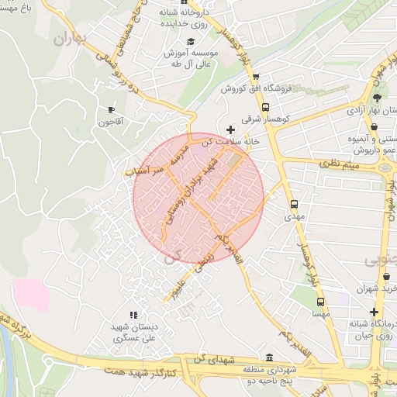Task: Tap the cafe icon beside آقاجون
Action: (x=111, y=109)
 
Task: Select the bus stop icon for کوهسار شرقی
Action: (x=266, y=108)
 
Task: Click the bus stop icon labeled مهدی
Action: (x=294, y=205)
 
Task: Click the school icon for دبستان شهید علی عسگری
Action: (x=133, y=316)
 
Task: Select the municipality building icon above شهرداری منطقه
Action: (x=269, y=357)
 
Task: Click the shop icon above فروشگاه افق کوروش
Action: (x=256, y=77)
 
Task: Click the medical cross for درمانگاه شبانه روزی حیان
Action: (x=373, y=311)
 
